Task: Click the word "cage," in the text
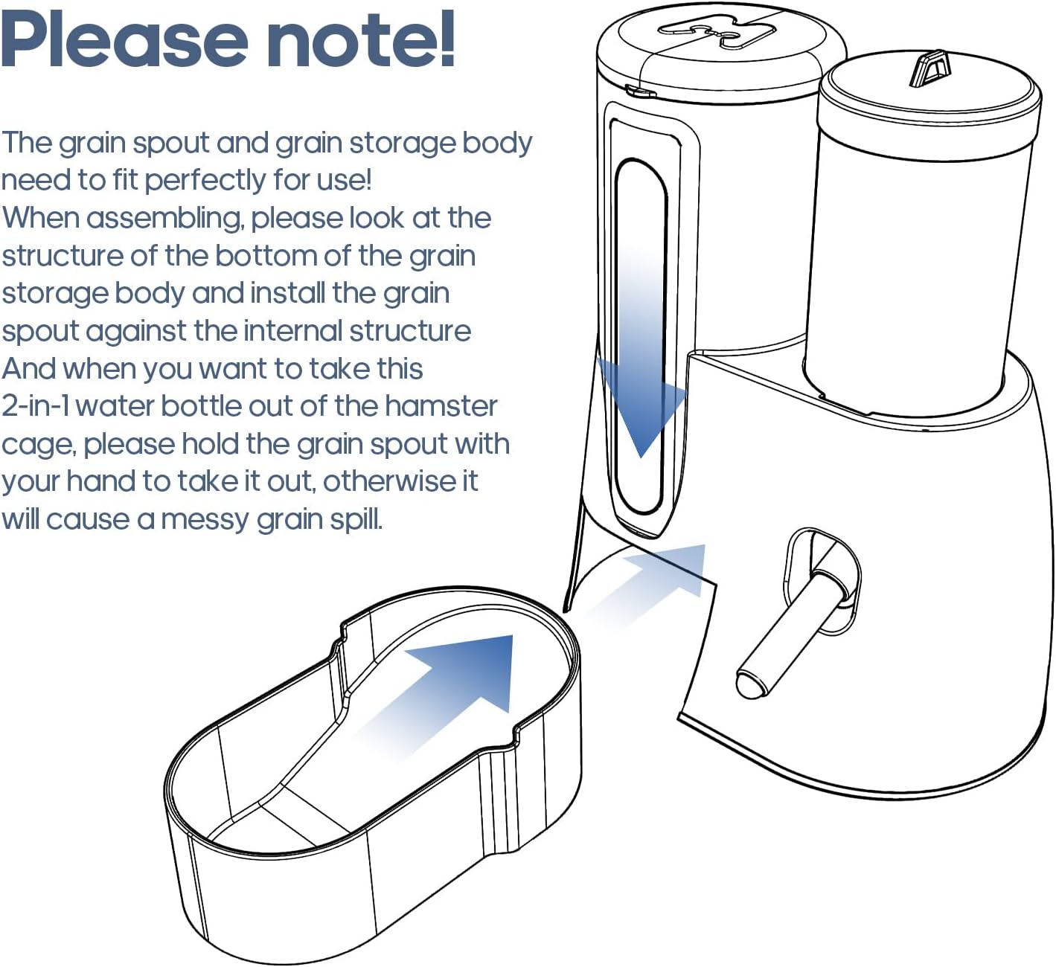tap(39, 445)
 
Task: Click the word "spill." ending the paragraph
tap(356, 519)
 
